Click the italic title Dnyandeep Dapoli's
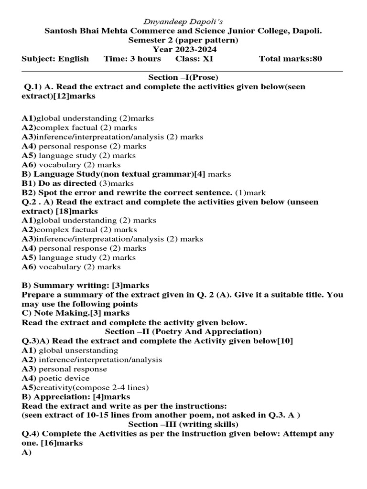183,21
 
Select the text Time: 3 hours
132,59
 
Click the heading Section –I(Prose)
183,77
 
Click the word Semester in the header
145,40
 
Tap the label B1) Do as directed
59,183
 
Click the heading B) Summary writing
65,285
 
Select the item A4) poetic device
55,378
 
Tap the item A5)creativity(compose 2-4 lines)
85,387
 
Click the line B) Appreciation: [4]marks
76,397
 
